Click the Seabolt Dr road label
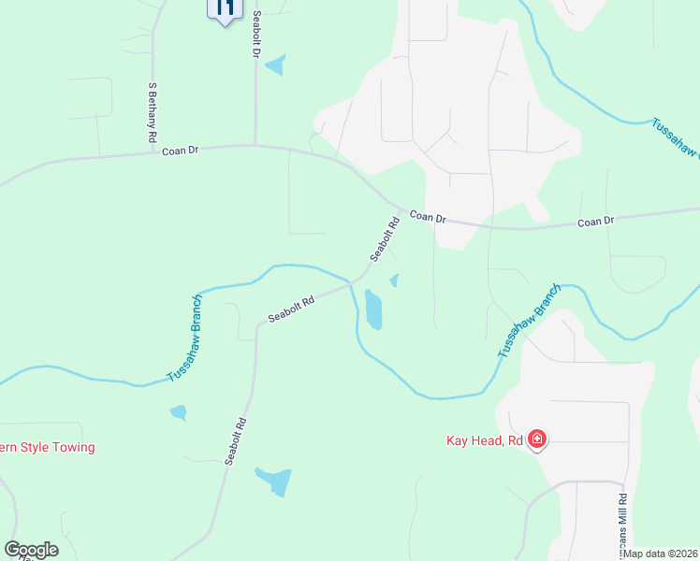point(255,34)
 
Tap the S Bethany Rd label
point(152,112)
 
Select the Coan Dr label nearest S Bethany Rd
point(181,150)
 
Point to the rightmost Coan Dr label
point(595,222)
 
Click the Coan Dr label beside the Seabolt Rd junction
point(428,216)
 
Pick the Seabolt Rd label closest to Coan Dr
point(385,239)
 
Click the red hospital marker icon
point(537,439)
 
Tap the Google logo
point(31,550)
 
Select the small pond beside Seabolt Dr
point(276,65)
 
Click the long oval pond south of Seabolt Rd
point(373,309)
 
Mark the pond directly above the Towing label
point(178,412)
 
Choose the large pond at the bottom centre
point(273,482)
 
